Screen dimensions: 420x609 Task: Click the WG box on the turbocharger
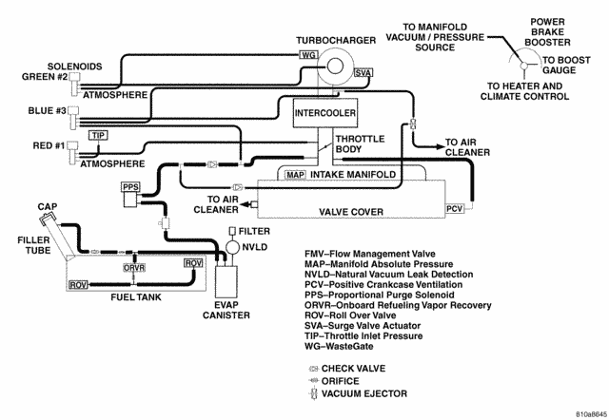[307, 55]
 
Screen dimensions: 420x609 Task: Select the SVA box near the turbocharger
[363, 72]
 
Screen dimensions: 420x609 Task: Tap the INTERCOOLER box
[324, 113]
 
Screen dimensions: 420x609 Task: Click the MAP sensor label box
[294, 176]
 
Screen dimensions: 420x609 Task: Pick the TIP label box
[98, 135]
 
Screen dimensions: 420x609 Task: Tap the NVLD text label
[255, 246]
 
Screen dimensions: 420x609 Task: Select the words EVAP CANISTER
[226, 311]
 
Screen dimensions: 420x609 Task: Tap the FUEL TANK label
[133, 296]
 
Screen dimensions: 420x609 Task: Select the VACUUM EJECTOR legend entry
[364, 392]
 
